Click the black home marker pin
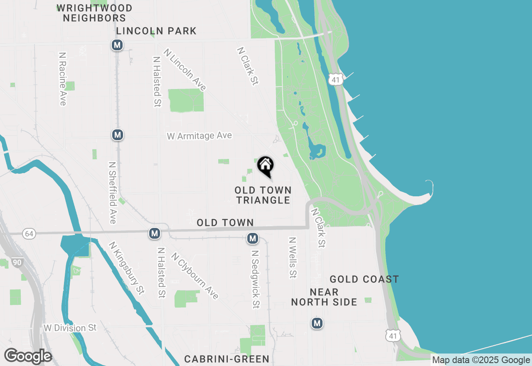tap(265, 166)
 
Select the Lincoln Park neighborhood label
tap(156, 31)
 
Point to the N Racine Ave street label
tap(63, 79)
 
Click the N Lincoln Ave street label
tap(185, 70)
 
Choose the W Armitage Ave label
tap(199, 136)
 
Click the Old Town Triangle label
tap(263, 195)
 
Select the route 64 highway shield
tap(29, 234)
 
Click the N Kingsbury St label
tap(126, 268)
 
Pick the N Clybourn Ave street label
tap(195, 276)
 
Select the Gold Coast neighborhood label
tap(364, 279)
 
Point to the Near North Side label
tap(324, 297)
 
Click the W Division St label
tap(70, 328)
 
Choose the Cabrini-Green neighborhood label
tap(227, 359)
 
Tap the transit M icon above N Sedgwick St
tap(252, 238)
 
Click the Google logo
tap(28, 356)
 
